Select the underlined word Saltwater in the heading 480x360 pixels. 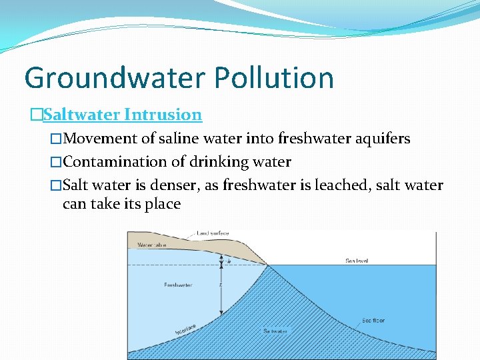81,115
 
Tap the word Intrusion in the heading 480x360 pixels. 163,115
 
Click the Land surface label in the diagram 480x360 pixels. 213,233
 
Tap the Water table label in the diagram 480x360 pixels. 151,245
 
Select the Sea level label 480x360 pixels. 357,261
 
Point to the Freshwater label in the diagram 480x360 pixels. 178,285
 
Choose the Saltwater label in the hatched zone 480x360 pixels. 275,331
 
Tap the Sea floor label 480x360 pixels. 373,321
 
